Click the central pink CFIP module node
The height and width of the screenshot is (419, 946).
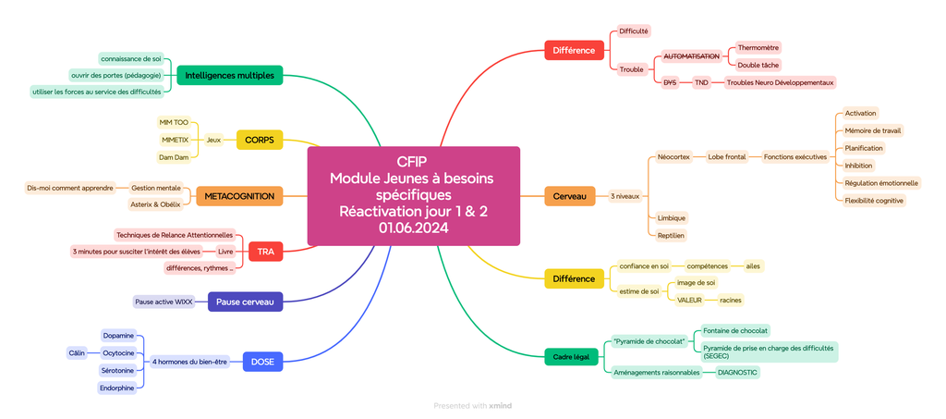point(413,195)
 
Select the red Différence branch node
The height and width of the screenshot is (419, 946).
point(574,50)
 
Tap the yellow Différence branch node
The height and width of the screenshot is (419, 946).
point(574,278)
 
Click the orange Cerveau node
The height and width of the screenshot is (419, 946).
point(569,196)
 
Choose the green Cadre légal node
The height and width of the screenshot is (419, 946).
point(571,356)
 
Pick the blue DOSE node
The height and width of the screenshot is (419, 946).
point(262,362)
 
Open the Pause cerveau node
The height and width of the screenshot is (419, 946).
point(245,302)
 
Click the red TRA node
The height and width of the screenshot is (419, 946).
point(265,251)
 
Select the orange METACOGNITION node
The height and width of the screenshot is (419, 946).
point(239,196)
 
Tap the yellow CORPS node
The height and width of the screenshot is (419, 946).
point(260,140)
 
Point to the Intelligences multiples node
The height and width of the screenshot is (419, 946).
point(229,75)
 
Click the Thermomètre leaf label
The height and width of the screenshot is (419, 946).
point(758,47)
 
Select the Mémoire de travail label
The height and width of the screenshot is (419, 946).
point(873,130)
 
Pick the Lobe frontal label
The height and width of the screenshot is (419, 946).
point(727,157)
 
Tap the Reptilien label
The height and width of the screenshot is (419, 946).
point(672,235)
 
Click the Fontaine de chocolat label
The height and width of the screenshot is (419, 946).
point(735,330)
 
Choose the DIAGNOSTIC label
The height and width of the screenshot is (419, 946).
point(737,372)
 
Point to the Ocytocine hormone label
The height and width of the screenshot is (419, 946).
point(118,352)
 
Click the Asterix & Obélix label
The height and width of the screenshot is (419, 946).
point(155,204)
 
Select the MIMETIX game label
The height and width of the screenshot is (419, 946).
point(175,140)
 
